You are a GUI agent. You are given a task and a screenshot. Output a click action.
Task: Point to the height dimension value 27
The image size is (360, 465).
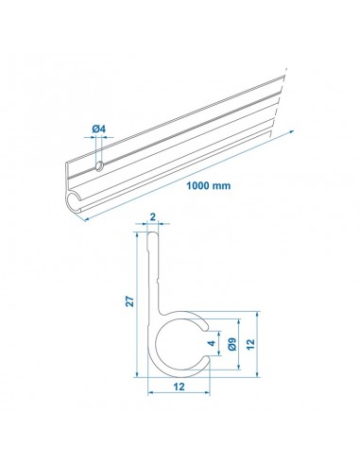130,301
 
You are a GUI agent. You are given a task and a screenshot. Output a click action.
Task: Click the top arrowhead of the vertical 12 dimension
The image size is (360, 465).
254,312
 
